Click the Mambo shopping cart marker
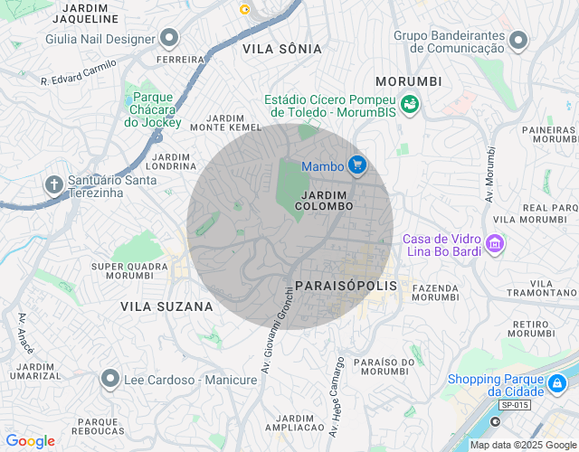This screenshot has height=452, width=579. pyautogui.click(x=357, y=165)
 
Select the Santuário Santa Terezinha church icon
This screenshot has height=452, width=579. pyautogui.click(x=53, y=185)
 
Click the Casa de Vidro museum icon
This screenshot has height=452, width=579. pyautogui.click(x=494, y=243)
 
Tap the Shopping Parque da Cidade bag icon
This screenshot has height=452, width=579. pyautogui.click(x=558, y=384)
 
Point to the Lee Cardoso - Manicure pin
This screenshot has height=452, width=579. pyautogui.click(x=110, y=380)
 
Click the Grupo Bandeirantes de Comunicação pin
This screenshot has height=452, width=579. pyautogui.click(x=518, y=41)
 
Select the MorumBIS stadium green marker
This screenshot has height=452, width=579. pyautogui.click(x=410, y=105)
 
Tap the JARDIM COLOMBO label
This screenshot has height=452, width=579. pyautogui.click(x=327, y=201)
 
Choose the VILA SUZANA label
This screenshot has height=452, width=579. pyautogui.click(x=166, y=306)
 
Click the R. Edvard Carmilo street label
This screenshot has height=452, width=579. pyautogui.click(x=80, y=73)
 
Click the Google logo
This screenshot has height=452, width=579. pyautogui.click(x=30, y=441)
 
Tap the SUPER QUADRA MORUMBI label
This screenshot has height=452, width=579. pyautogui.click(x=129, y=270)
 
